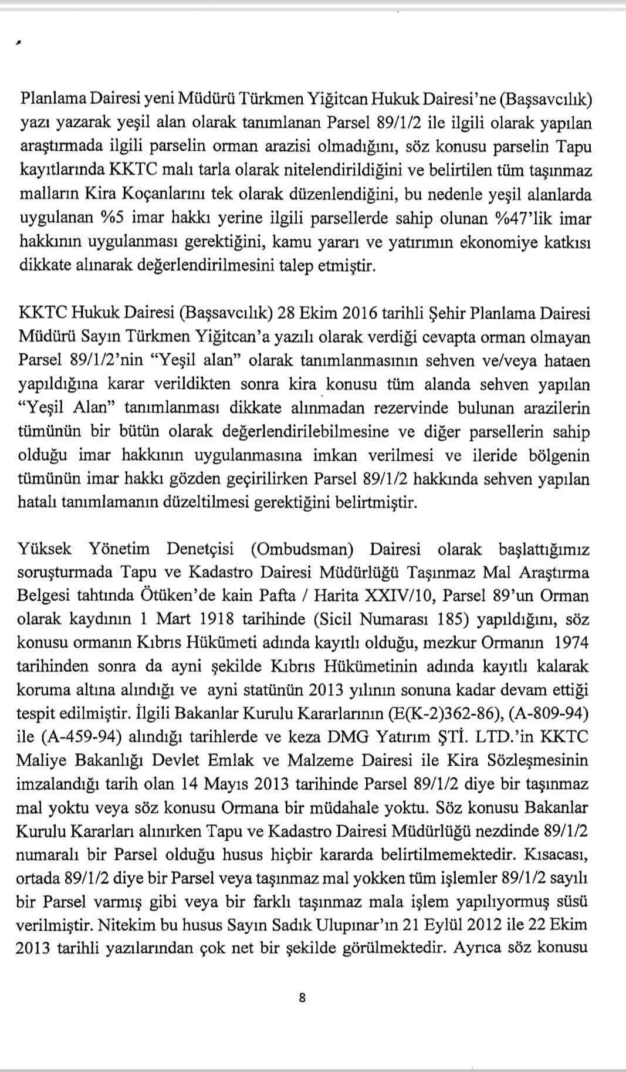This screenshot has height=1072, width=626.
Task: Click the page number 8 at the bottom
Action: [x=302, y=997]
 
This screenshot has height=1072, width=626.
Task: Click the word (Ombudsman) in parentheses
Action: [x=302, y=549]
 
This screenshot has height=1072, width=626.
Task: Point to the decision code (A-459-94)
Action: [x=80, y=737]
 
